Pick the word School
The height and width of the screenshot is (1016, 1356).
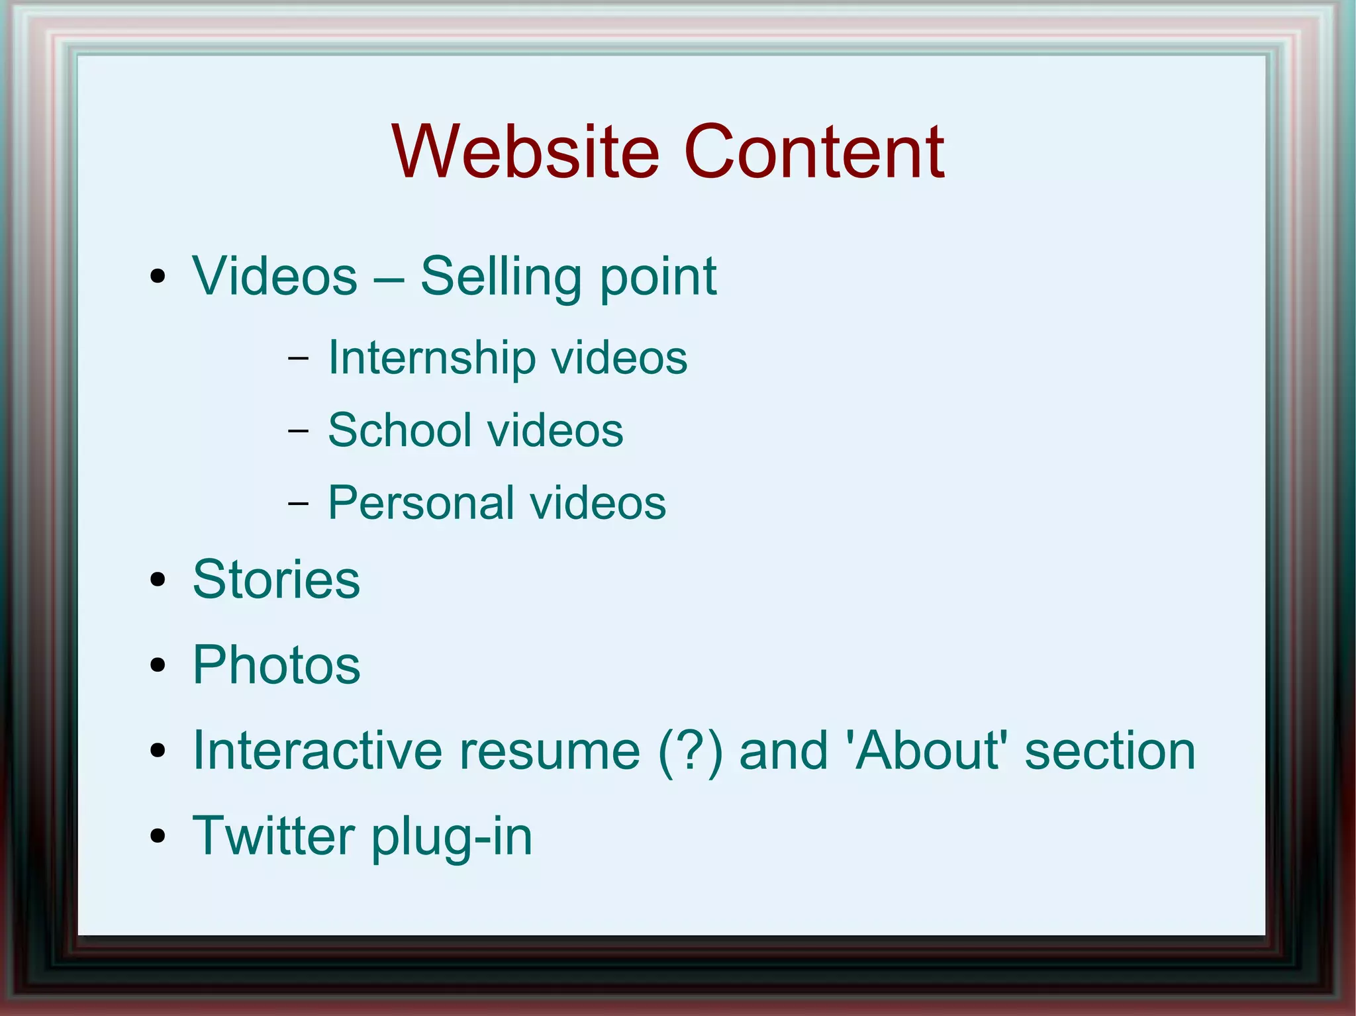pos(399,430)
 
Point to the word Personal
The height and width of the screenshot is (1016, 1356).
pos(420,503)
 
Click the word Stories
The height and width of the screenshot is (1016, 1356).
pos(276,580)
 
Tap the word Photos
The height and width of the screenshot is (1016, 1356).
pos(276,665)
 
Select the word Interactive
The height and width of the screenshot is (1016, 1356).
pos(317,751)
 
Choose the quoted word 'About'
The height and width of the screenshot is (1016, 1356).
pos(927,751)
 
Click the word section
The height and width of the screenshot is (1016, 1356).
pos(1110,751)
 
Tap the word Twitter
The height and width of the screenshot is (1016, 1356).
pos(273,835)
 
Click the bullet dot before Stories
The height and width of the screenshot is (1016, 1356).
pos(158,580)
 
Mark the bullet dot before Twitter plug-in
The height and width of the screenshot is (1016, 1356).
pos(158,836)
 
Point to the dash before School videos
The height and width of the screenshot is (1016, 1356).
pos(299,431)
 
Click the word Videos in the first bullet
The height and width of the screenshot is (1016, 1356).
pos(275,276)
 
